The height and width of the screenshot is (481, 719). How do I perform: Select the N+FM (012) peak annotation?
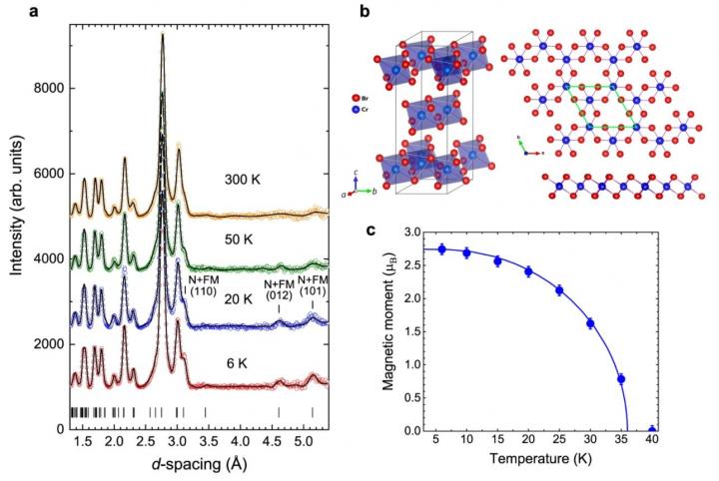pyautogui.click(x=279, y=291)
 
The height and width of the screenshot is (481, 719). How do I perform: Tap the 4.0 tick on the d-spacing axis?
pyautogui.click(x=239, y=440)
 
